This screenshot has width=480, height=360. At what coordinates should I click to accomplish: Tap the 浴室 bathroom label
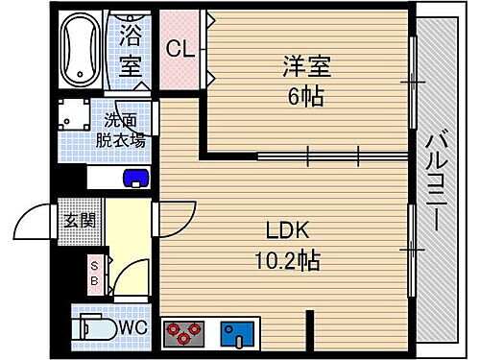pos(132,53)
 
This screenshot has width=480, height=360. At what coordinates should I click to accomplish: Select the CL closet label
pos(179,49)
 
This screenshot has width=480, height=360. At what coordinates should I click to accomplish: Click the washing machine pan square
pos(75,118)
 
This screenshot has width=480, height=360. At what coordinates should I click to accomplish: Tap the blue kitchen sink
pos(234,333)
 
